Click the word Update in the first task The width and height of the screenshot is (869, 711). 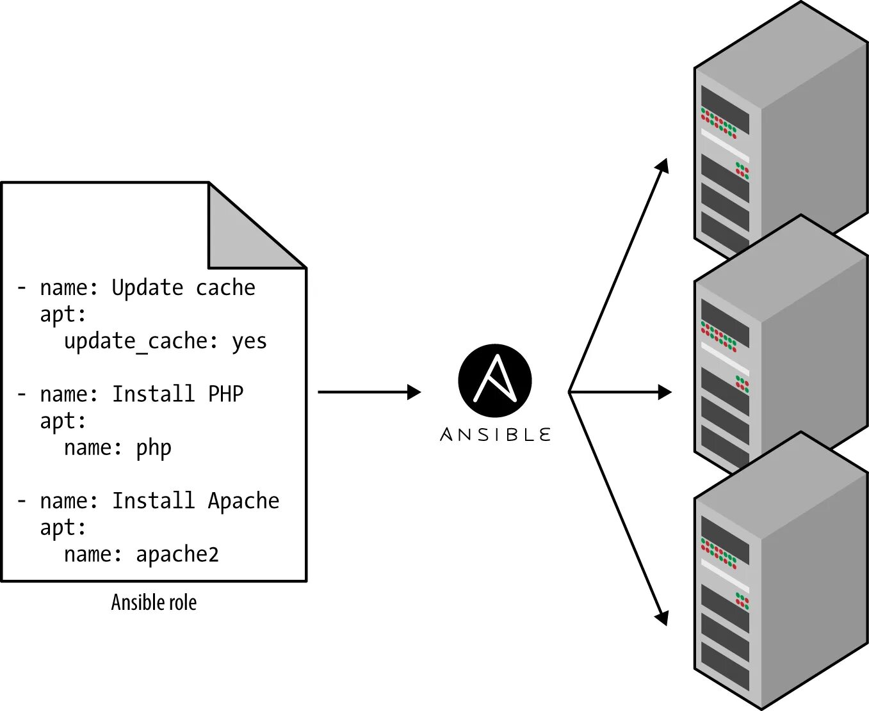pyautogui.click(x=147, y=289)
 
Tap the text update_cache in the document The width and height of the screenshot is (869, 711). pyautogui.click(x=135, y=342)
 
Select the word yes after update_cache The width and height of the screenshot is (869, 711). pyautogui.click(x=249, y=342)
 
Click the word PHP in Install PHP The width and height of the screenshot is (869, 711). pyautogui.click(x=225, y=394)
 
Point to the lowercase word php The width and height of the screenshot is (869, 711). pyautogui.click(x=153, y=448)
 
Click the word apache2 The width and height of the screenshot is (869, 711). pyautogui.click(x=177, y=555)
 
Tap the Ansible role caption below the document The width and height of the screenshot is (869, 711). pyautogui.click(x=154, y=603)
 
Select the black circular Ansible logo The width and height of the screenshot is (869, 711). pyautogui.click(x=495, y=380)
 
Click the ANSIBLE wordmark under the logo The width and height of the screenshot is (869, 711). pyautogui.click(x=495, y=435)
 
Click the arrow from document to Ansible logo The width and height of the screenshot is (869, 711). pyautogui.click(x=369, y=392)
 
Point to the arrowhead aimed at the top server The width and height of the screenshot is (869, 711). pyautogui.click(x=663, y=166)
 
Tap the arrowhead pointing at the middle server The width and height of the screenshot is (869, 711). pyautogui.click(x=665, y=392)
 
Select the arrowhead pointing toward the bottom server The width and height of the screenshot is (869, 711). pyautogui.click(x=662, y=618)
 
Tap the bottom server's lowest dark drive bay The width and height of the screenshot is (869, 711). pyautogui.click(x=724, y=666)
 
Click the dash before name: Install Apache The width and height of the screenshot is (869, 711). pyautogui.click(x=22, y=500)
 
